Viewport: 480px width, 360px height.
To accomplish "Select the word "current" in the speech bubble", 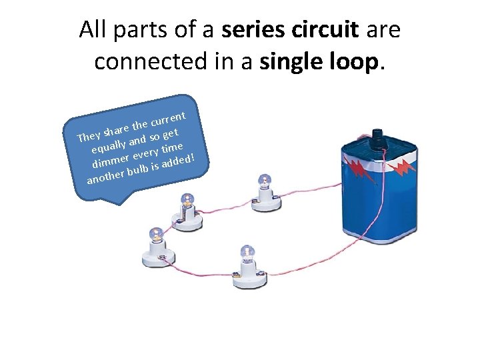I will (173, 115).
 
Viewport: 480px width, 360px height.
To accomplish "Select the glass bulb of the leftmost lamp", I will (157, 233).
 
